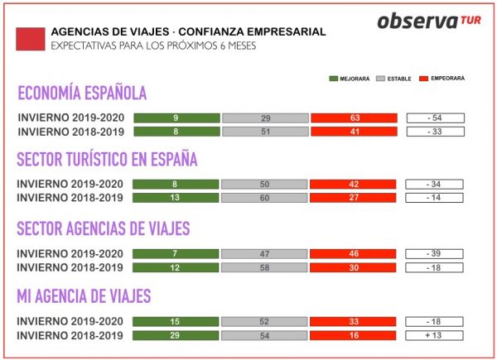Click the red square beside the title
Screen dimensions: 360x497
point(30,38)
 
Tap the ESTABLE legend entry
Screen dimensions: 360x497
point(394,79)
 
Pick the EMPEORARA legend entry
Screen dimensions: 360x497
point(439,79)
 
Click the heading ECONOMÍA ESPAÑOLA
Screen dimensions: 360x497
point(82,93)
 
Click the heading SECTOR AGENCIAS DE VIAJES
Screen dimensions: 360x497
point(104,228)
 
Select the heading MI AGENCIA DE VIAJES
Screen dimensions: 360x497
point(84,295)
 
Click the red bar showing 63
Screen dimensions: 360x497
point(354,118)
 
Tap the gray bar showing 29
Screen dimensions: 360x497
point(265,118)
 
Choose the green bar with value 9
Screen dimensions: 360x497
point(176,118)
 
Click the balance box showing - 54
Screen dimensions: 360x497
point(436,118)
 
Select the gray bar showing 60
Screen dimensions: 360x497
point(265,199)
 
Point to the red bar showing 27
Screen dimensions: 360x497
point(354,199)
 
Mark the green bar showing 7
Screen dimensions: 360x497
point(176,252)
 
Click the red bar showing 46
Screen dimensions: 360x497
point(354,252)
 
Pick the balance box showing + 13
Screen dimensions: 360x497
point(436,334)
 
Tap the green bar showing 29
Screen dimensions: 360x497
point(176,334)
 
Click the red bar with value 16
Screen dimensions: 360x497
point(354,334)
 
